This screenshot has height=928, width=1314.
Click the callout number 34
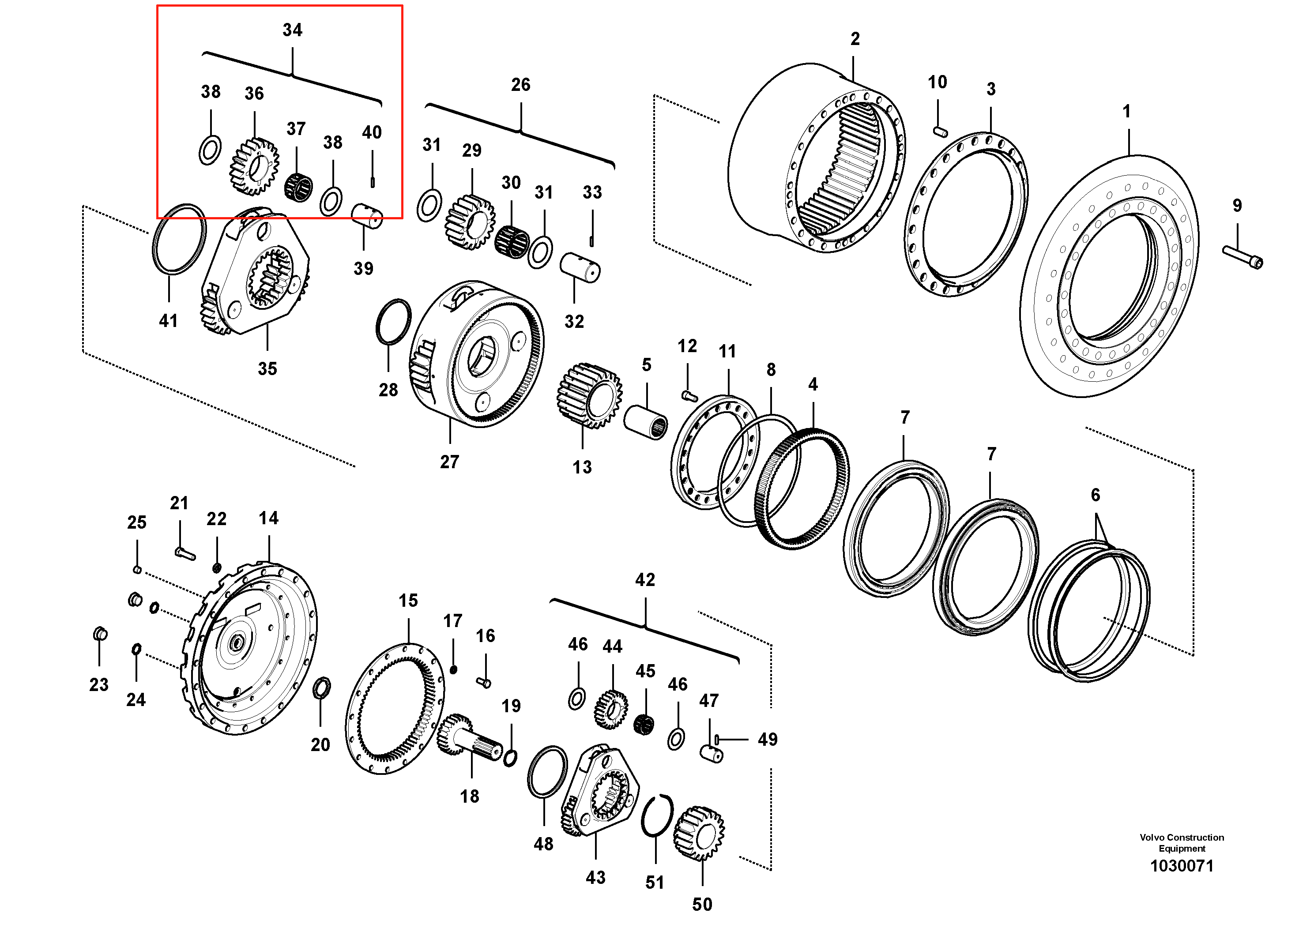(x=293, y=30)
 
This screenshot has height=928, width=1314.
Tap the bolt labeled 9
(x=1242, y=257)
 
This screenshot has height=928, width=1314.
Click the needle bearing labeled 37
(x=299, y=187)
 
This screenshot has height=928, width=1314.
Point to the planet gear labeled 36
(x=254, y=166)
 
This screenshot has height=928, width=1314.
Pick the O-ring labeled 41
(x=179, y=239)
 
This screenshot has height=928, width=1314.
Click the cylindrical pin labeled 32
(x=580, y=267)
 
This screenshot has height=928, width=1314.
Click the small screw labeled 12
(x=689, y=395)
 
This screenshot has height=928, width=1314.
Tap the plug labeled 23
(x=100, y=634)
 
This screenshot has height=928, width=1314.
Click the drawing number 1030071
(x=1182, y=866)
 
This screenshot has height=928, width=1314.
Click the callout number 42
(x=645, y=579)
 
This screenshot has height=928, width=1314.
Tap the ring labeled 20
(x=322, y=687)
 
